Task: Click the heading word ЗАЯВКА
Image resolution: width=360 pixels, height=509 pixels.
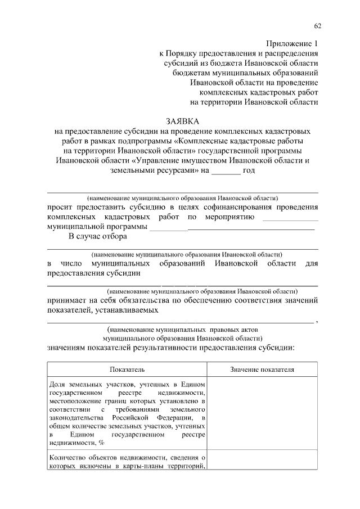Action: [x=182, y=121]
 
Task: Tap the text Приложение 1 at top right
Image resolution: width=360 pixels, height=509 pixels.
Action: [x=291, y=43]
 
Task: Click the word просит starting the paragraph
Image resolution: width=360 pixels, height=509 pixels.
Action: [x=60, y=206]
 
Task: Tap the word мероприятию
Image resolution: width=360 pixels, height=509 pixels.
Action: [x=229, y=217]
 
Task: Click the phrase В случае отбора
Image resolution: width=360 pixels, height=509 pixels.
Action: [x=94, y=237]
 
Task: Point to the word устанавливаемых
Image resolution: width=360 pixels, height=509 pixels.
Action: [x=128, y=310]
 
